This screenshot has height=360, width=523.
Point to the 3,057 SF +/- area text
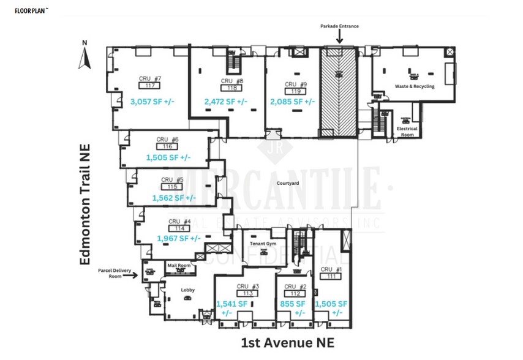click(x=152, y=101)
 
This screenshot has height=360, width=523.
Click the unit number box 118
click(x=231, y=88)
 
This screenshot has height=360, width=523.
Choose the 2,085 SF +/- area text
click(x=293, y=102)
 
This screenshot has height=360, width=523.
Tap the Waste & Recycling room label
click(x=414, y=86)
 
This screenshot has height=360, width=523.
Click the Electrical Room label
click(x=407, y=132)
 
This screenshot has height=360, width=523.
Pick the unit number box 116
click(x=167, y=146)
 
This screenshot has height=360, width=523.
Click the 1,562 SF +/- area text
click(x=174, y=198)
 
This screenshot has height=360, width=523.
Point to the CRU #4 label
click(x=179, y=221)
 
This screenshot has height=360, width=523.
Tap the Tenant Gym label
click(x=264, y=244)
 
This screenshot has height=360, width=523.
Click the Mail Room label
click(x=180, y=264)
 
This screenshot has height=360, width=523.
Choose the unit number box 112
click(x=295, y=294)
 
